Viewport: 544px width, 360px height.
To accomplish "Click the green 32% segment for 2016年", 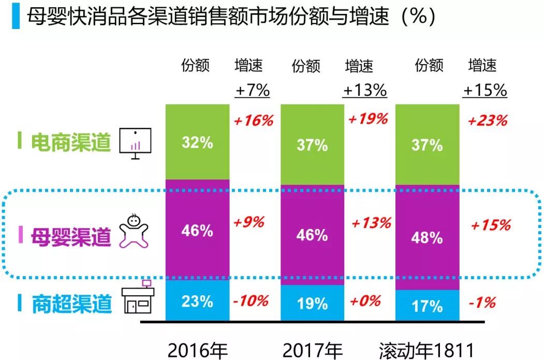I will (197, 142).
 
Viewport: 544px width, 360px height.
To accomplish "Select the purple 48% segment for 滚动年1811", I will (427, 237).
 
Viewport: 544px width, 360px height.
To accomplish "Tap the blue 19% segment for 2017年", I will (312, 303).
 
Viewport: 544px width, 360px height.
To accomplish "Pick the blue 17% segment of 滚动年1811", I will (427, 306).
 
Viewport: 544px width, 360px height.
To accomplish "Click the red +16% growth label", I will (253, 121).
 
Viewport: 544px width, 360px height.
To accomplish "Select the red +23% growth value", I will (487, 121).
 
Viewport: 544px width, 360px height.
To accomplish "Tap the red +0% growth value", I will (365, 300).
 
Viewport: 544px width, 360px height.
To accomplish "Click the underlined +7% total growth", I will (253, 90).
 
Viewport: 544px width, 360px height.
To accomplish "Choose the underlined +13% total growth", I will (365, 90).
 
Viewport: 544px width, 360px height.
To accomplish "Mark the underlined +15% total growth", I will (485, 90).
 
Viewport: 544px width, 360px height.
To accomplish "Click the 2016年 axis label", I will (198, 350).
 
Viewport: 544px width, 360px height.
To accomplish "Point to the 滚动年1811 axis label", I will (427, 350).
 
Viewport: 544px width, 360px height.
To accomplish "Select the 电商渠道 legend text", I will (71, 141).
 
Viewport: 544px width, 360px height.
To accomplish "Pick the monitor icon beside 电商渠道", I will (135, 142).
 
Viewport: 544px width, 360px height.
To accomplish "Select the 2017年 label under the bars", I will (312, 350).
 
